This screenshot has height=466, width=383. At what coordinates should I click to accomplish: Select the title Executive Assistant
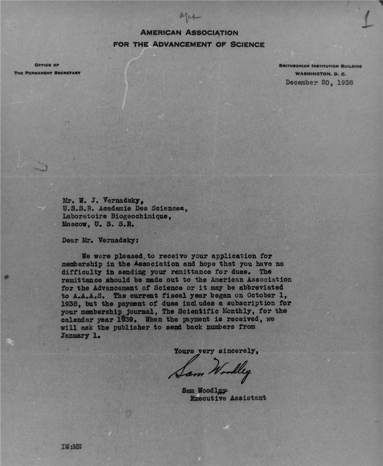(x=228, y=398)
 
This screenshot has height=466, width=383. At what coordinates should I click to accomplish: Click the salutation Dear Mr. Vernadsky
(x=101, y=239)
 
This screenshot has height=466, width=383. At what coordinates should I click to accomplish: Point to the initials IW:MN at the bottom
(x=71, y=446)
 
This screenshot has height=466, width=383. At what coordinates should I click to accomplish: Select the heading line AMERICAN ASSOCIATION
(x=189, y=33)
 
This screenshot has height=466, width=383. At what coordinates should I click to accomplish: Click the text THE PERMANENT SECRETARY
(x=47, y=73)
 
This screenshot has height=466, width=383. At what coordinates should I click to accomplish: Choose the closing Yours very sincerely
(x=216, y=351)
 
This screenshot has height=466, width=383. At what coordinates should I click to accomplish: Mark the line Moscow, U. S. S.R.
(x=98, y=224)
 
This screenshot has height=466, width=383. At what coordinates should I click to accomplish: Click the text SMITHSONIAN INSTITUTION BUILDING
(x=320, y=66)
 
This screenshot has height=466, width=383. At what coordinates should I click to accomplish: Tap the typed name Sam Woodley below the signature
(x=205, y=390)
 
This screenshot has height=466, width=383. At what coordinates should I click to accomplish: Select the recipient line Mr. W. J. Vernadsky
(x=100, y=199)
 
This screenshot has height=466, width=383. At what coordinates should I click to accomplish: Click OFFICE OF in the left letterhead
(x=47, y=66)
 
